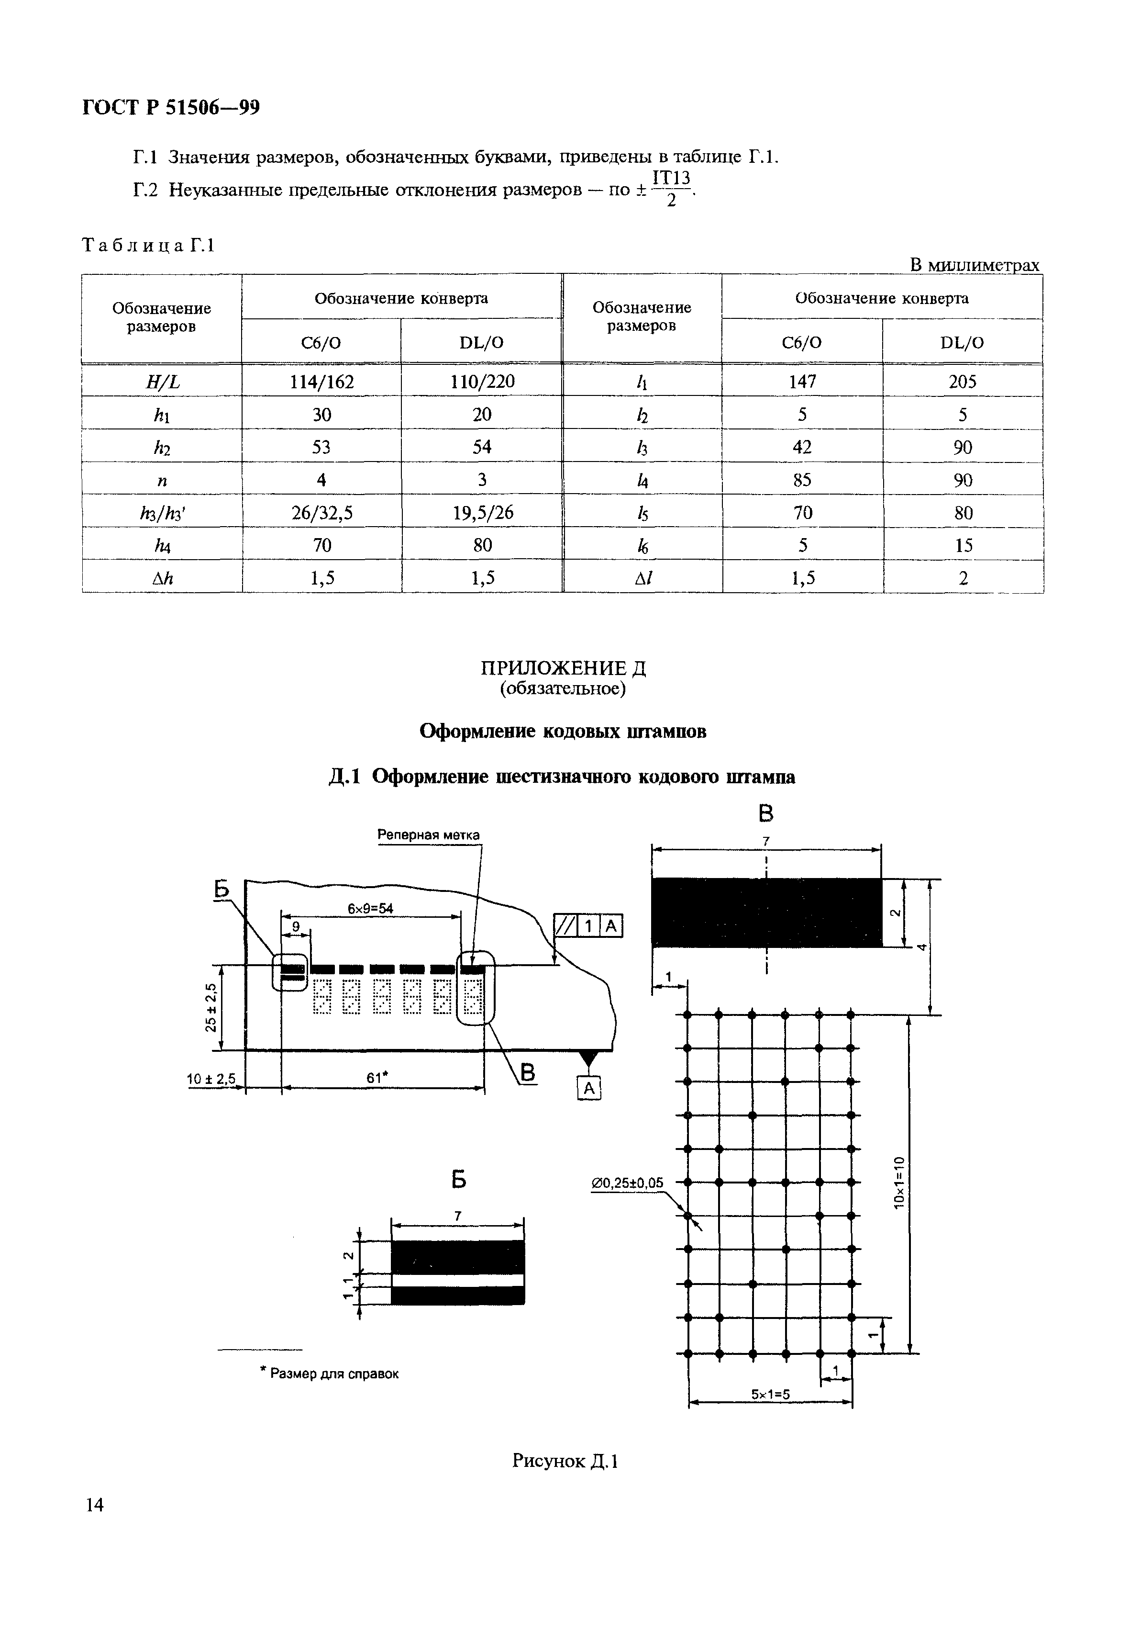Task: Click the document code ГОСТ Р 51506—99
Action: (171, 108)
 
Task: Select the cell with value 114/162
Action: (321, 382)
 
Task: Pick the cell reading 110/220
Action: (482, 382)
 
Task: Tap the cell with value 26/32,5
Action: (321, 512)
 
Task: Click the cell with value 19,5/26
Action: (482, 512)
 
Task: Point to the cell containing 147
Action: (802, 382)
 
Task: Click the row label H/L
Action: (162, 383)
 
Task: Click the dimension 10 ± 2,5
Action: (211, 1079)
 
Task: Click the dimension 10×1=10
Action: (898, 1183)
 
